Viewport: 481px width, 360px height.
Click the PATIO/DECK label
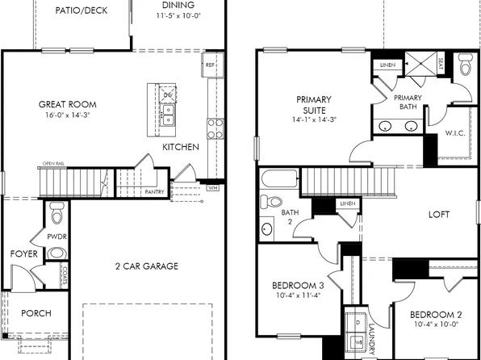82,11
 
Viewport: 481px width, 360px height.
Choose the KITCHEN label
181,148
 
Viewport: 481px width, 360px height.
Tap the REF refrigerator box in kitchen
210,65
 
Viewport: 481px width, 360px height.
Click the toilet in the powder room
56,215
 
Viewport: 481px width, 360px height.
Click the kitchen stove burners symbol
215,128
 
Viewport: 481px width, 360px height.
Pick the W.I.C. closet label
454,135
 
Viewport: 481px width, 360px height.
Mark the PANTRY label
155,192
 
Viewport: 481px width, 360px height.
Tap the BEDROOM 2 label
435,315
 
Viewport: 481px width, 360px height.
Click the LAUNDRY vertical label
372,337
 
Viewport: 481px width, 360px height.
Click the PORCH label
36,313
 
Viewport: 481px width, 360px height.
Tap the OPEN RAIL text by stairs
54,165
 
